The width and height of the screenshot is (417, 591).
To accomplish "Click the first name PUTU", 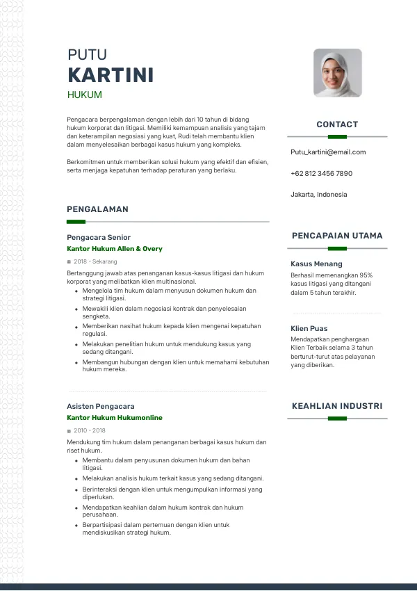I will pyautogui.click(x=87, y=55).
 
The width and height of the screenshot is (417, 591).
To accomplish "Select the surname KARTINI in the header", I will pyautogui.click(x=111, y=75).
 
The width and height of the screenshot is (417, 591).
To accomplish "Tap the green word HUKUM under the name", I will pyautogui.click(x=85, y=95).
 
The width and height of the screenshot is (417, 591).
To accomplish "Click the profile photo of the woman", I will pyautogui.click(x=337, y=72).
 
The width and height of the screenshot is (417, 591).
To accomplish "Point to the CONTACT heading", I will pyautogui.click(x=337, y=124).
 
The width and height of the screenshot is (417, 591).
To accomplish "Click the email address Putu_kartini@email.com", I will pyautogui.click(x=328, y=152).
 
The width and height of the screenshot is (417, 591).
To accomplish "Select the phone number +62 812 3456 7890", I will pyautogui.click(x=321, y=173).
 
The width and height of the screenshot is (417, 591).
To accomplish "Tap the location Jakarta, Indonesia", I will pyautogui.click(x=318, y=195).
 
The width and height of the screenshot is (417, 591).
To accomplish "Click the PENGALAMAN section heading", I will pyautogui.click(x=97, y=209).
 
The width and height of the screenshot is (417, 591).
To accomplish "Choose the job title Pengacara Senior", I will pyautogui.click(x=99, y=237).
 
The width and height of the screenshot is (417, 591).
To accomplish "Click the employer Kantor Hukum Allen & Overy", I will pyautogui.click(x=115, y=249).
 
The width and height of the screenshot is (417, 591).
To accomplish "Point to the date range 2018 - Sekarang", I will pyautogui.click(x=95, y=261).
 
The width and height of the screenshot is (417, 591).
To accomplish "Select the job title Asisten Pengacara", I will pyautogui.click(x=101, y=406).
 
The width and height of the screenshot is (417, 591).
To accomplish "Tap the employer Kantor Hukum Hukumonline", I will pyautogui.click(x=115, y=418).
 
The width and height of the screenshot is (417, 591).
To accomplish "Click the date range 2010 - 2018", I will pyautogui.click(x=90, y=430).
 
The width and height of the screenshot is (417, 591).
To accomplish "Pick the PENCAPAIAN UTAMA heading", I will pyautogui.click(x=337, y=236).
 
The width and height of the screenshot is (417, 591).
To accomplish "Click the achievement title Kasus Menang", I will pyautogui.click(x=316, y=264).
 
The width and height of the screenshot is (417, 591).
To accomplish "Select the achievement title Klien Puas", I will pyautogui.click(x=309, y=328).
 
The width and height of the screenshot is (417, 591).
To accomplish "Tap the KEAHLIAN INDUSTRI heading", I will pyautogui.click(x=337, y=406).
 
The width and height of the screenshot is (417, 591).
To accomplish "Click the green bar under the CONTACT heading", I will pyautogui.click(x=337, y=137).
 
